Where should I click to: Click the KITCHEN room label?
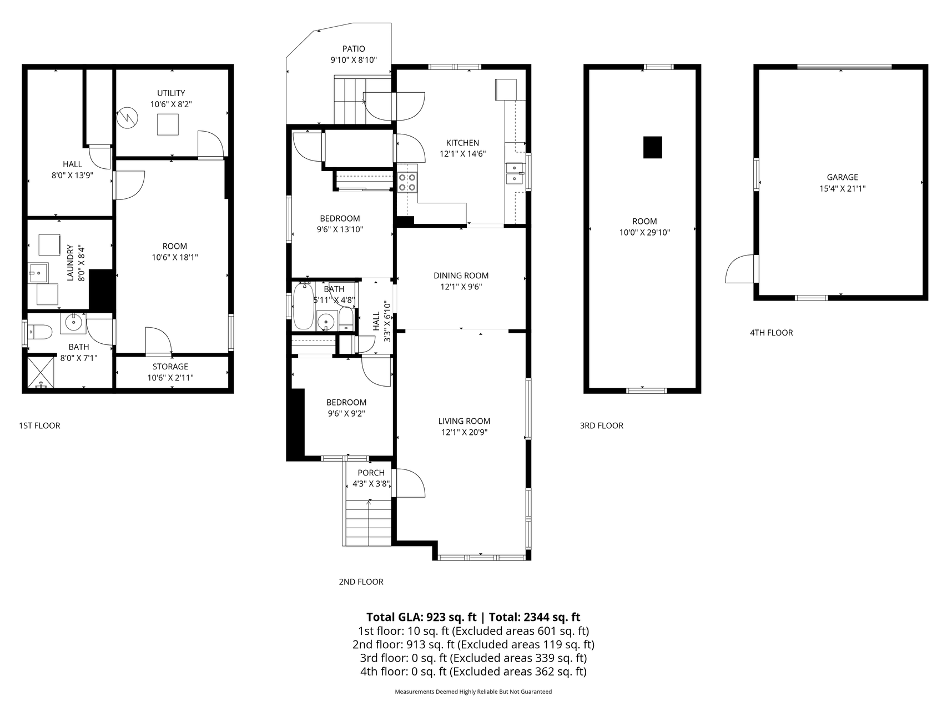click(x=462, y=143)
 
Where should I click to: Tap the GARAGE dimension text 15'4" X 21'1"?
click(x=842, y=188)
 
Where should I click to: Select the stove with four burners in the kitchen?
click(x=408, y=182)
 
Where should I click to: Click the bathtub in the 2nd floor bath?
click(x=303, y=306)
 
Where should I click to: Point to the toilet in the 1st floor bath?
click(x=40, y=332)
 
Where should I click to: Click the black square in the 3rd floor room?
click(x=653, y=147)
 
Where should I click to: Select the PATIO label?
click(x=354, y=49)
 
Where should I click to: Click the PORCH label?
click(x=371, y=473)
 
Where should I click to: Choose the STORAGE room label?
click(x=170, y=367)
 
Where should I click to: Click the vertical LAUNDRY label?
click(x=70, y=263)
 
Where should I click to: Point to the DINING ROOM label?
click(x=461, y=276)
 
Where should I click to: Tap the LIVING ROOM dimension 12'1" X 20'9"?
click(x=464, y=432)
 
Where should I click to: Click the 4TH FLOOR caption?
click(x=772, y=333)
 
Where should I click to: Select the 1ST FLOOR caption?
click(x=39, y=425)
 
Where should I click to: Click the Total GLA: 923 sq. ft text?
click(x=421, y=617)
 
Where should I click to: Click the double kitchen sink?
click(x=515, y=173)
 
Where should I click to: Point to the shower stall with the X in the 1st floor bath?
click(x=41, y=372)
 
